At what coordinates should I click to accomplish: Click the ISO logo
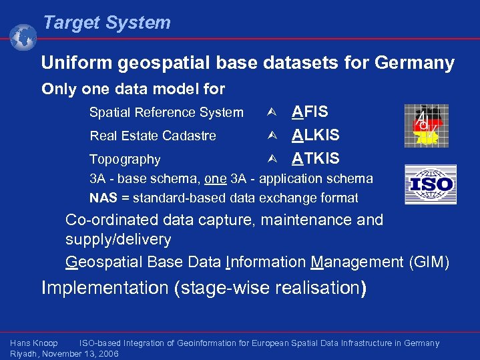click(x=431, y=184)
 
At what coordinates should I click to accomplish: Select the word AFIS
click(x=310, y=112)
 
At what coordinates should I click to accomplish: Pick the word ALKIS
click(x=315, y=135)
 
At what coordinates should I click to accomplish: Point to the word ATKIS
click(x=315, y=158)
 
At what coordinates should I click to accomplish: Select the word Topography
click(x=125, y=160)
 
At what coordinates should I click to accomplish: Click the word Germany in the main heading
click(x=415, y=63)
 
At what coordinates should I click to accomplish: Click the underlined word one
click(x=215, y=178)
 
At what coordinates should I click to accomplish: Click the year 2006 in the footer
click(x=107, y=353)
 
